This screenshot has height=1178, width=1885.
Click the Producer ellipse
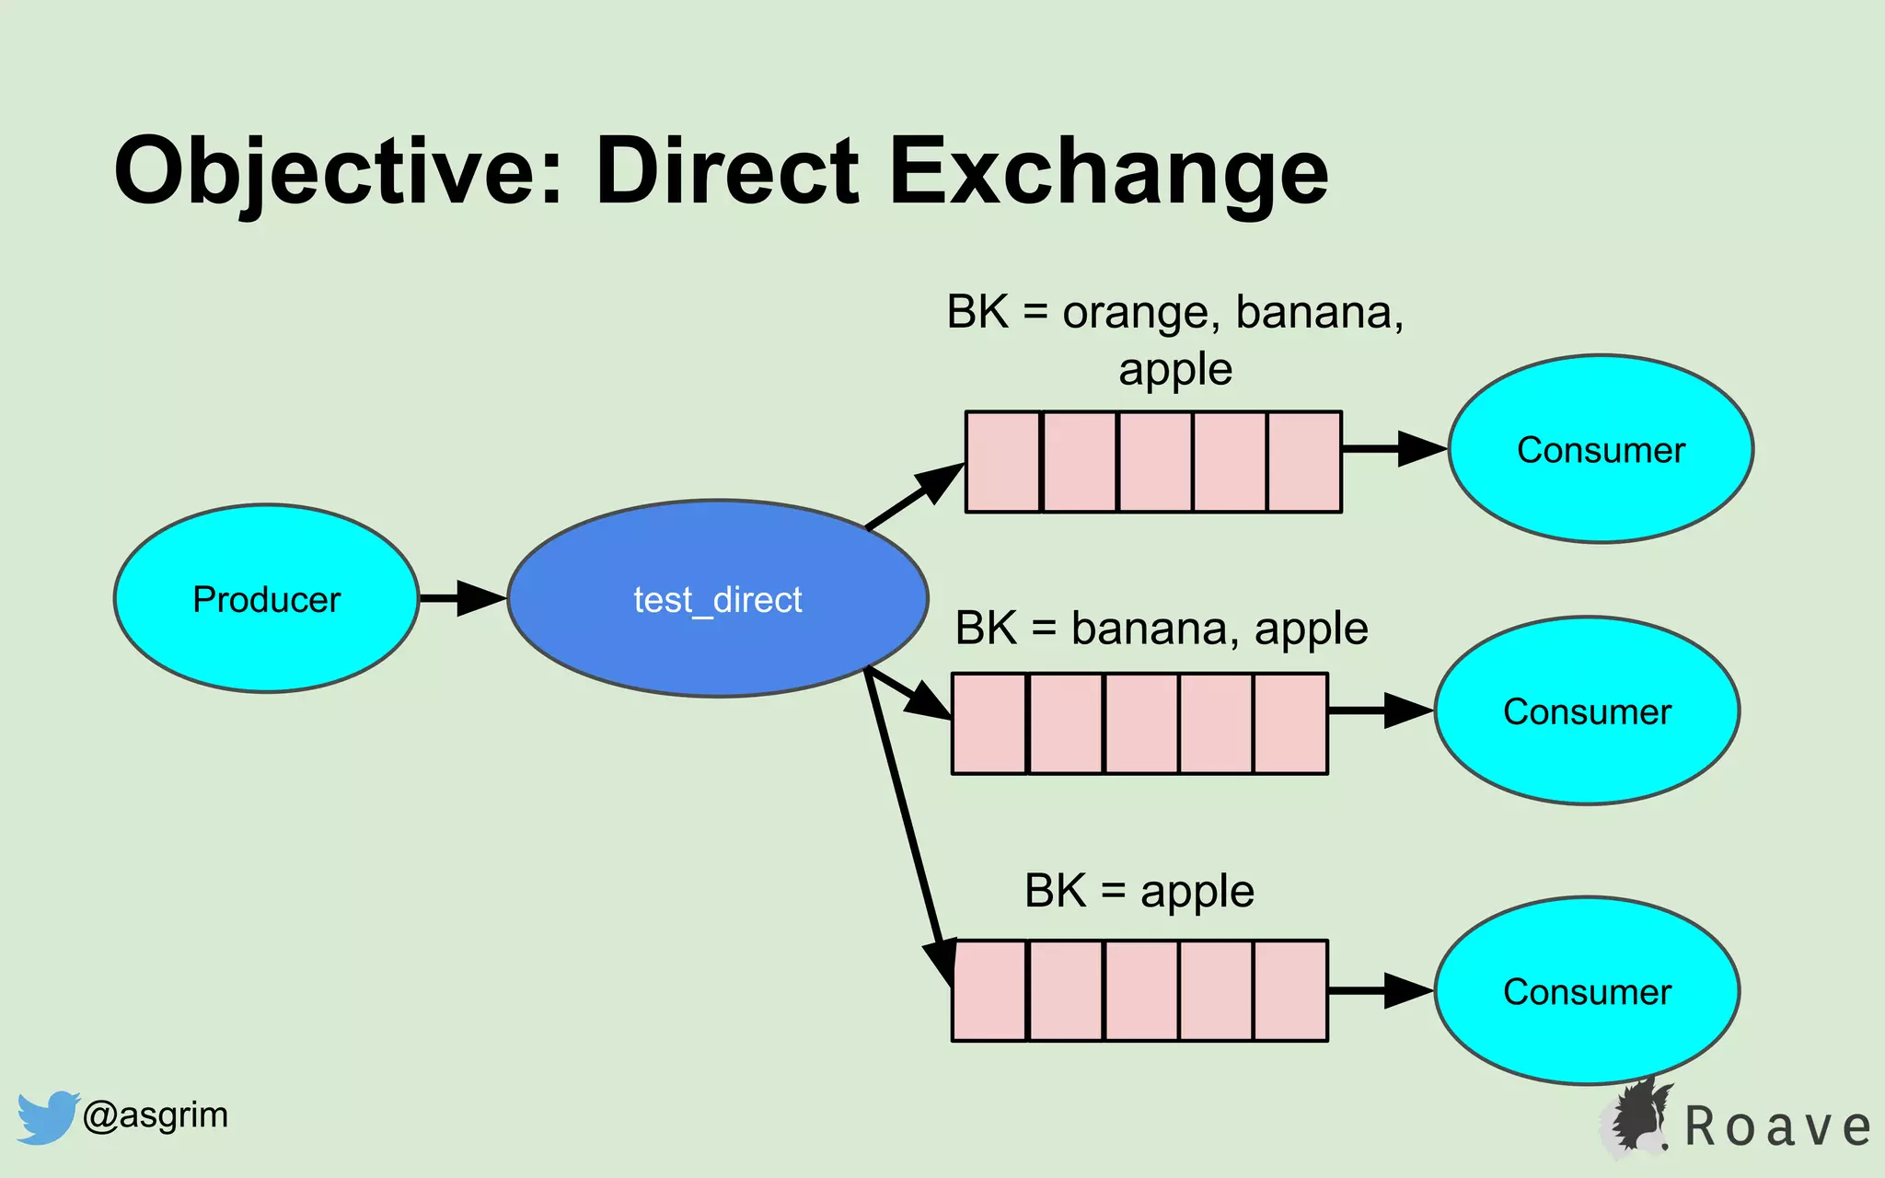[x=266, y=598]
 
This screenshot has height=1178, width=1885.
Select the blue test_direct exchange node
[x=717, y=598]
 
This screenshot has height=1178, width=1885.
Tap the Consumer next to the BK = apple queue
[x=1587, y=990]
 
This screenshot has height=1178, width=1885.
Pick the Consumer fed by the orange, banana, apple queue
[x=1601, y=449]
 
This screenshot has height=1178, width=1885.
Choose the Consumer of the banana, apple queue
[x=1587, y=710]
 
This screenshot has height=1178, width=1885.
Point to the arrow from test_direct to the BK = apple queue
[x=907, y=819]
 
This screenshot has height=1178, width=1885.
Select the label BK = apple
[x=1139, y=891]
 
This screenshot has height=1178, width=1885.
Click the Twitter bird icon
[x=46, y=1116]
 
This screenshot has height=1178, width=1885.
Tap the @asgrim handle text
[x=155, y=1114]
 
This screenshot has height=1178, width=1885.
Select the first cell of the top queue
[x=1002, y=462]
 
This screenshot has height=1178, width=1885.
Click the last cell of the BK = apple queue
[x=1289, y=990]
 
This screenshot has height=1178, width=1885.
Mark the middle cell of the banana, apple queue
[x=1140, y=723]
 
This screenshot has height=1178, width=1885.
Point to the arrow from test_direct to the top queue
[x=914, y=497]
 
